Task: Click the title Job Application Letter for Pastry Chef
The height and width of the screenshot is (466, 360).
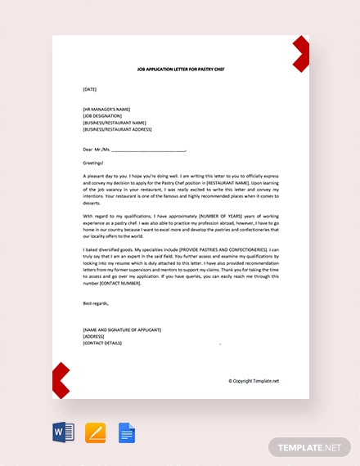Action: click(181, 70)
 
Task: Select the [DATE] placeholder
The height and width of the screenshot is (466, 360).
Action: click(90, 88)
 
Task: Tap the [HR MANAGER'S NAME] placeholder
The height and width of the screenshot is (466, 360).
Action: click(106, 109)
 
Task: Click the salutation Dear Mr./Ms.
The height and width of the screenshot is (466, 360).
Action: click(96, 150)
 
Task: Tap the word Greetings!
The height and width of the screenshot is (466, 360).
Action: click(93, 163)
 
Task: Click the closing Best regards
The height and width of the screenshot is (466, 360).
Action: click(96, 302)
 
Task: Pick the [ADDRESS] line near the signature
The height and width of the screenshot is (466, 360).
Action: click(93, 336)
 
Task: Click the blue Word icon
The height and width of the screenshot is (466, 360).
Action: click(63, 430)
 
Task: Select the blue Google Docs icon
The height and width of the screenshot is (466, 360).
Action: click(126, 430)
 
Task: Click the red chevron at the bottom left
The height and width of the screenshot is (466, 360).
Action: click(61, 379)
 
